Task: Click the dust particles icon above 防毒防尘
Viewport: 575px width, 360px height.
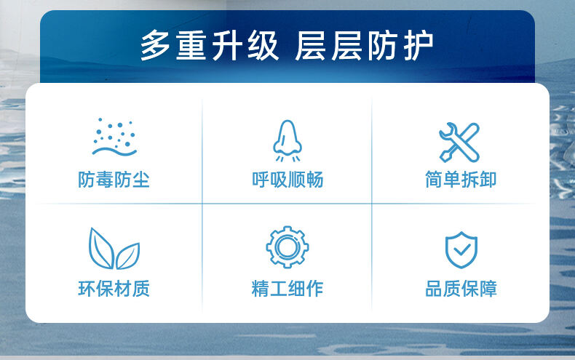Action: (114, 137)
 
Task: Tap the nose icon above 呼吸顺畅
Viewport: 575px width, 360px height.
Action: (287, 140)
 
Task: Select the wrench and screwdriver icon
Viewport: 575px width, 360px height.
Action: (459, 143)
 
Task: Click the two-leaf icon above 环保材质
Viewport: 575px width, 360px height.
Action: (114, 249)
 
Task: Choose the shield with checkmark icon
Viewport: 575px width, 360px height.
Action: (461, 249)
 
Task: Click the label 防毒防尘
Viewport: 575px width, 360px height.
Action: (114, 180)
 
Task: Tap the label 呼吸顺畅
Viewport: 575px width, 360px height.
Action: (287, 180)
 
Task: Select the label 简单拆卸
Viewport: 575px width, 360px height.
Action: (461, 180)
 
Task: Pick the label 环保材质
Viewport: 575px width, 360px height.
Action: (114, 289)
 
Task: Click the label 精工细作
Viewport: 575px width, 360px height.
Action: (287, 289)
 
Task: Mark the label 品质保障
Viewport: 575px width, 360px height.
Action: (461, 289)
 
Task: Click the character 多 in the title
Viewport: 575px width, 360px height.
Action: (155, 46)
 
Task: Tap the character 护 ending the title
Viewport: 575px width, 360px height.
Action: (419, 46)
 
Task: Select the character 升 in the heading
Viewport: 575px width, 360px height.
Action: (227, 46)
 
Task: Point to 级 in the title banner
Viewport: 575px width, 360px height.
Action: (263, 46)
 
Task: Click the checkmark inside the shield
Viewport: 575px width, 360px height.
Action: (461, 249)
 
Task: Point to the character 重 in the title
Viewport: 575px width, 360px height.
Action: (191, 46)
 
